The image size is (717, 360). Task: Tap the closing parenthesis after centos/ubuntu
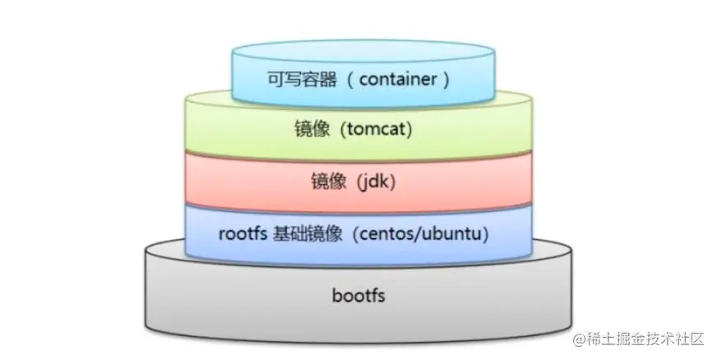pos(487,234)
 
